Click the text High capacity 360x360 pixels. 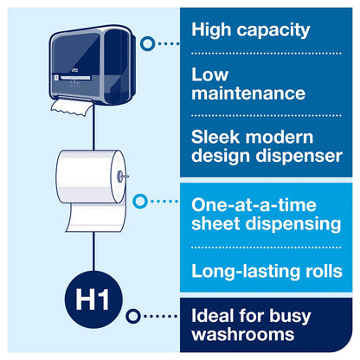click(x=249, y=30)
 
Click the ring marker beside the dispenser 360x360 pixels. click(x=147, y=42)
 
